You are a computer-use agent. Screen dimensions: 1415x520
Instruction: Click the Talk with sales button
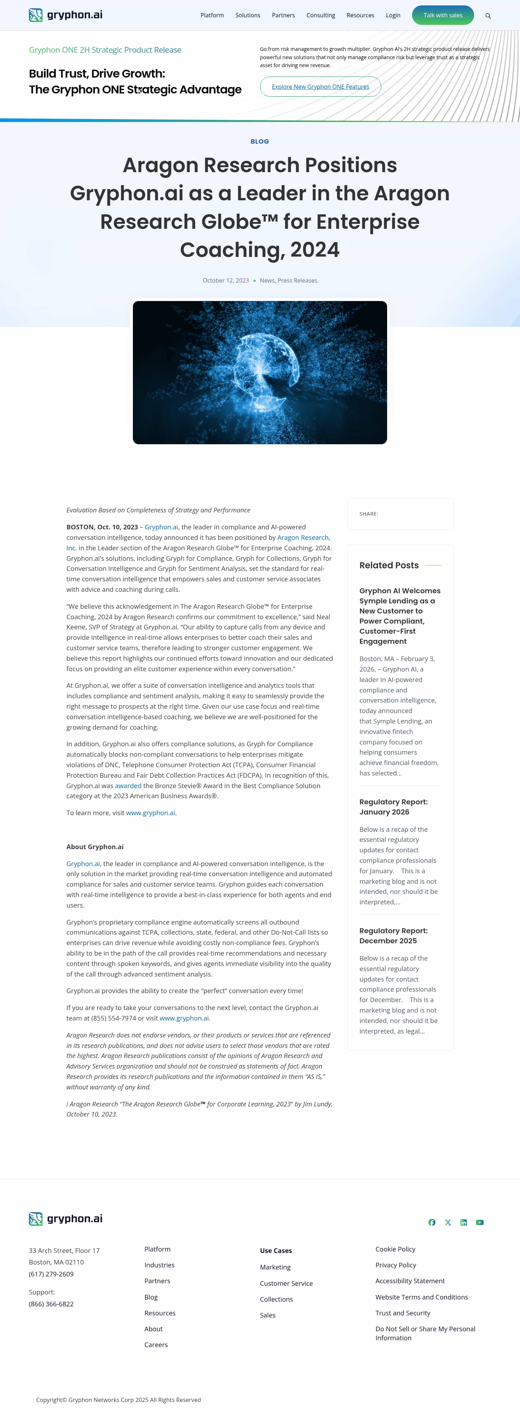(442, 16)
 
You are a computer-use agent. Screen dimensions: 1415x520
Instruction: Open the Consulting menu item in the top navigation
(320, 16)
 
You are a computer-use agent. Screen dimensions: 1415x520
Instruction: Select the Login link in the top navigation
(393, 16)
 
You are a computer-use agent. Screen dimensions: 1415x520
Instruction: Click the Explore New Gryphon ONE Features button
(320, 87)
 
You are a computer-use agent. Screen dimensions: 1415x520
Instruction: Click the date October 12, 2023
(225, 281)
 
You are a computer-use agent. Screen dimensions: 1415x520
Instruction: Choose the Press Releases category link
(298, 281)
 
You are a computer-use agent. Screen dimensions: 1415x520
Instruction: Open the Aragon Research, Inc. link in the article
(303, 538)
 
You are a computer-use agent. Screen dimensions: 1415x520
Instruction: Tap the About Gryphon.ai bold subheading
(95, 847)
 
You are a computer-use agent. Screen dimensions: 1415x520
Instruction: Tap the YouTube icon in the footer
(480, 1222)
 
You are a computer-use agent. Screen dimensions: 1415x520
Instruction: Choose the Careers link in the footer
(156, 1345)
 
